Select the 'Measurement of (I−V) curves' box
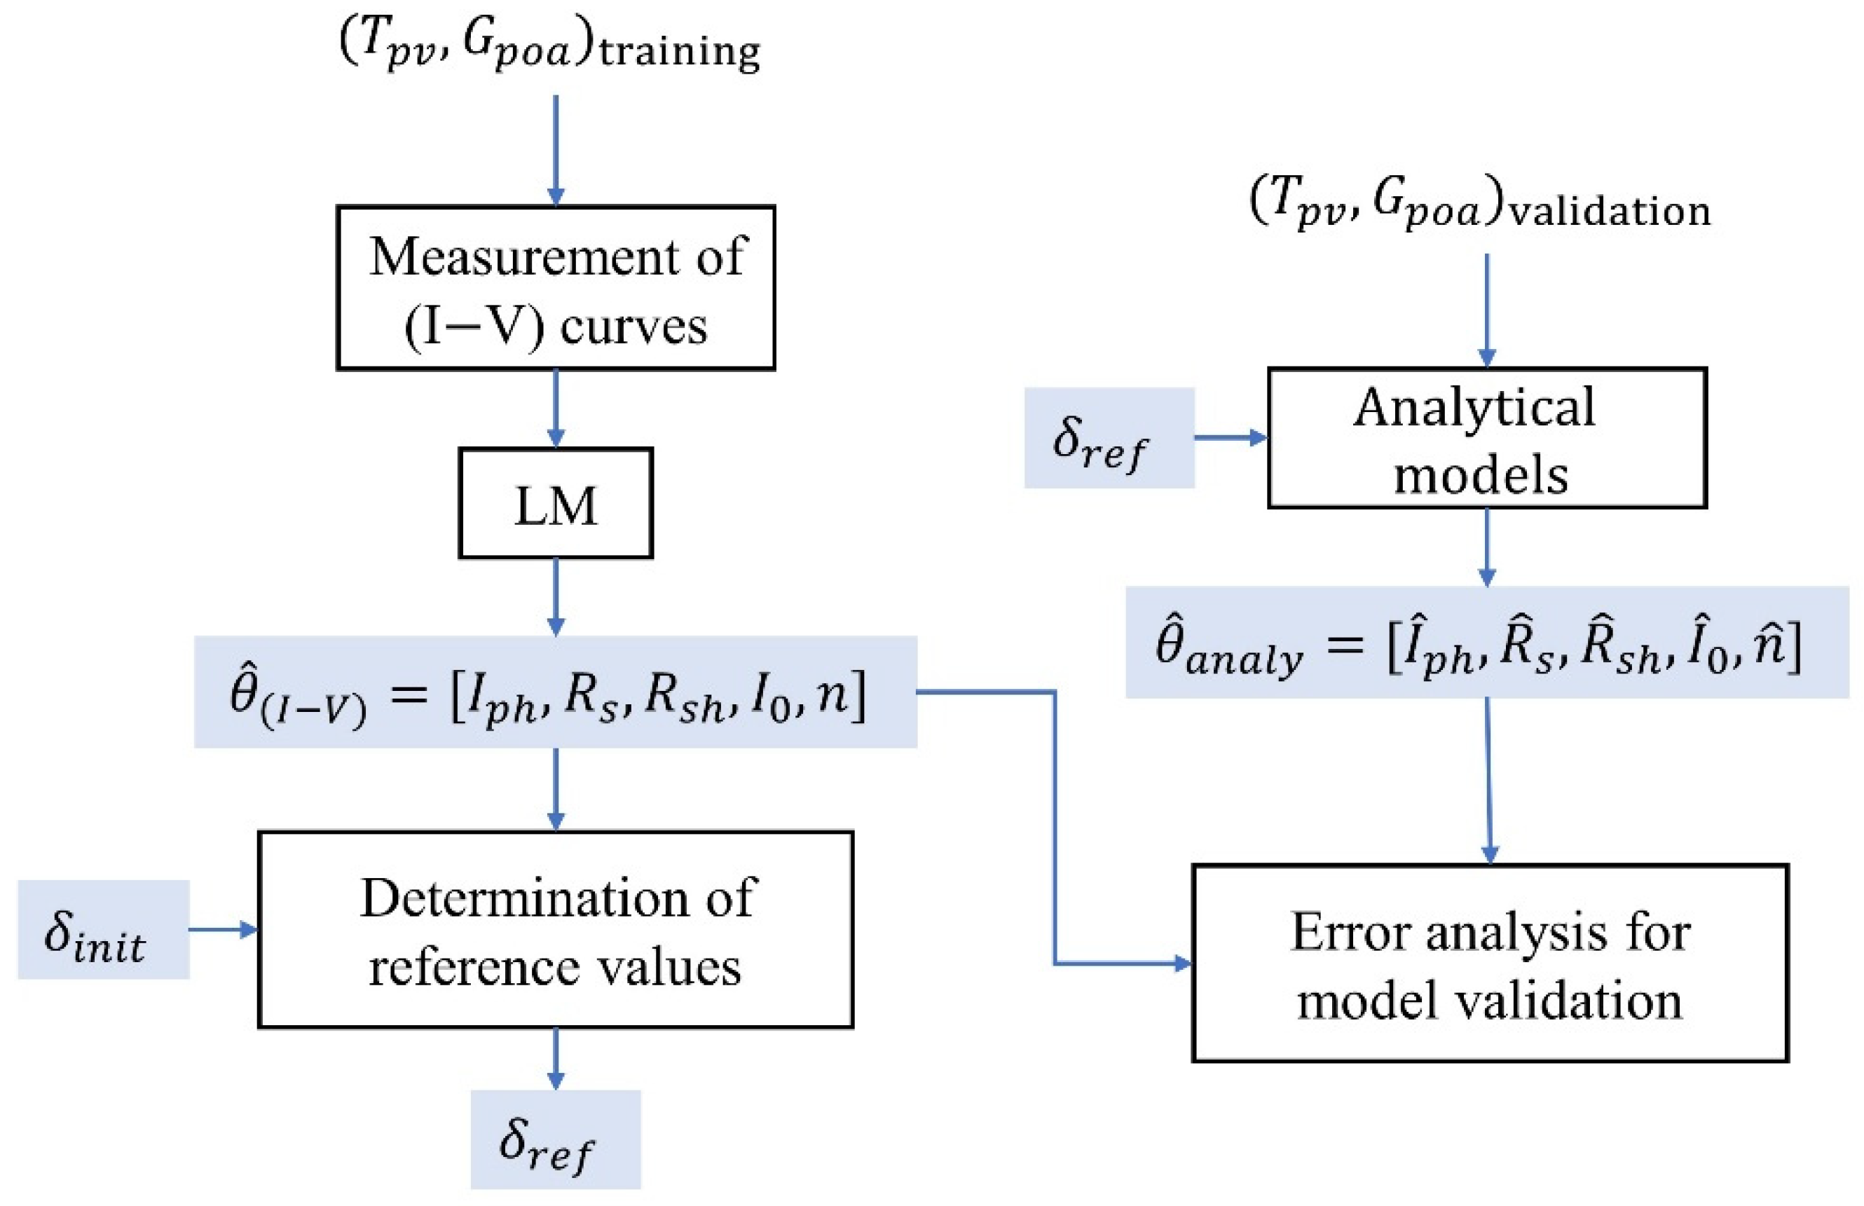555,287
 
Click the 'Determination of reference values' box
555,930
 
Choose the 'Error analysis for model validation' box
1489,964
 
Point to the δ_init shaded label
103,930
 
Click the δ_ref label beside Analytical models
1109,438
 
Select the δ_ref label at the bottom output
555,1139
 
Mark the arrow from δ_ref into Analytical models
1230,438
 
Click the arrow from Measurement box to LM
555,408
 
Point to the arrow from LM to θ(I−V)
555,596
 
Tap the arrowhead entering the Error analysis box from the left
1182,964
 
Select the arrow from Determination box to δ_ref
555,1058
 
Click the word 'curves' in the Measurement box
633,327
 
